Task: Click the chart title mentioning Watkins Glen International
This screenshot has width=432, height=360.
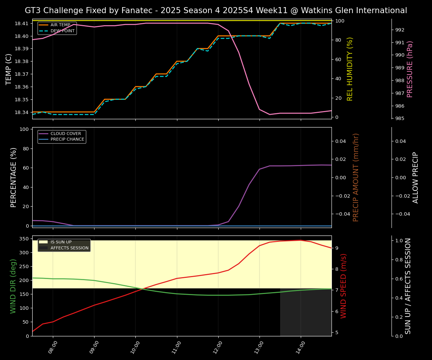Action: (x=216, y=10)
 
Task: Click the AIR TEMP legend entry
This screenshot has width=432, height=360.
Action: (x=60, y=25)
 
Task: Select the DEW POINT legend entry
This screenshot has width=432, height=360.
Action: (x=62, y=31)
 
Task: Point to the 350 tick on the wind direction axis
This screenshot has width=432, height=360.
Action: (x=25, y=239)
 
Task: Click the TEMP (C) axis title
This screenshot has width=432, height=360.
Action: (x=9, y=69)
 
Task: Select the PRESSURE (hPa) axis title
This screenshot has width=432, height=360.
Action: (x=410, y=69)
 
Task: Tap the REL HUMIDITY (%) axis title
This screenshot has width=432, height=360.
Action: (x=350, y=69)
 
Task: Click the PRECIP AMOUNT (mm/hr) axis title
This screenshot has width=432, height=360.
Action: (x=356, y=177)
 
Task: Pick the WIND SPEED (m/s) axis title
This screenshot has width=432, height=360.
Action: (x=343, y=286)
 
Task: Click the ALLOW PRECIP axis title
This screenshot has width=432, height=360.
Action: (x=415, y=177)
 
